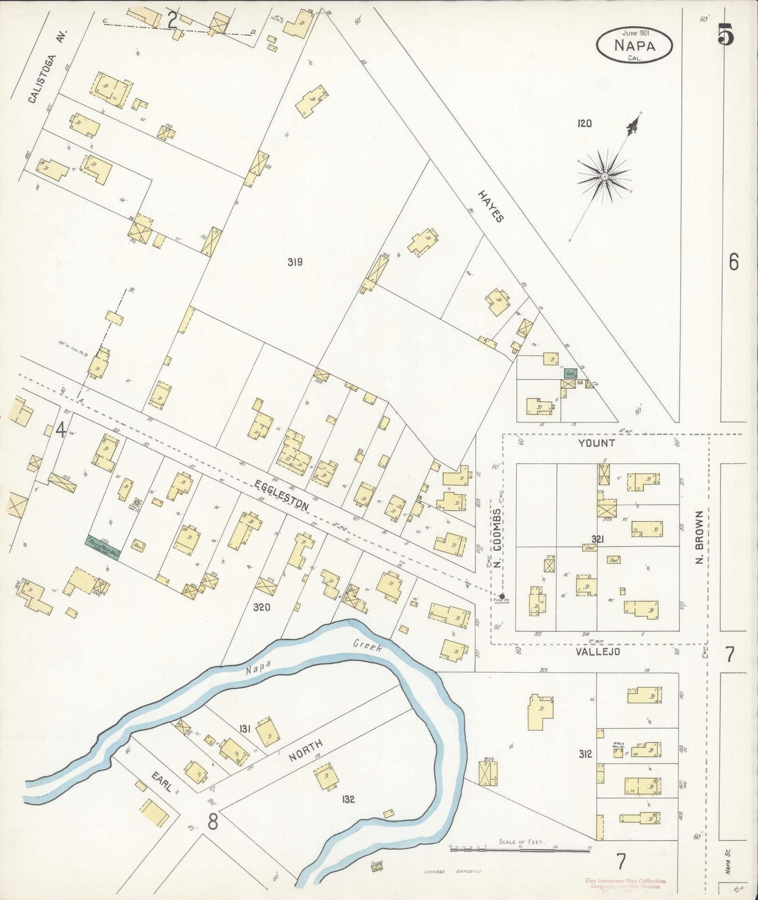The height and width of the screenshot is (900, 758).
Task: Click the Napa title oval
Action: pos(634,45)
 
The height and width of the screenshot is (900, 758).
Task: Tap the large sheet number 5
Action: pos(726,33)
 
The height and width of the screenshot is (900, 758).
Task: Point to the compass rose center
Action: pos(605,176)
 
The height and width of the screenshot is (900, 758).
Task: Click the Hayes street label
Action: pos(492,206)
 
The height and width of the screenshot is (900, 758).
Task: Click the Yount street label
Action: pos(597,443)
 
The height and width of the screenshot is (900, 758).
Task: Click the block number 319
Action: pos(295,262)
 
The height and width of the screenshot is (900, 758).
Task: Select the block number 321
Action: pos(597,539)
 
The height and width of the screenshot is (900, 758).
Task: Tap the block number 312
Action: pos(586,754)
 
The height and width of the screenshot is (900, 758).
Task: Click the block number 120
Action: pos(585,124)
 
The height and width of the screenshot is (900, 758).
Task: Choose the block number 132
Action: pos(348,799)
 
